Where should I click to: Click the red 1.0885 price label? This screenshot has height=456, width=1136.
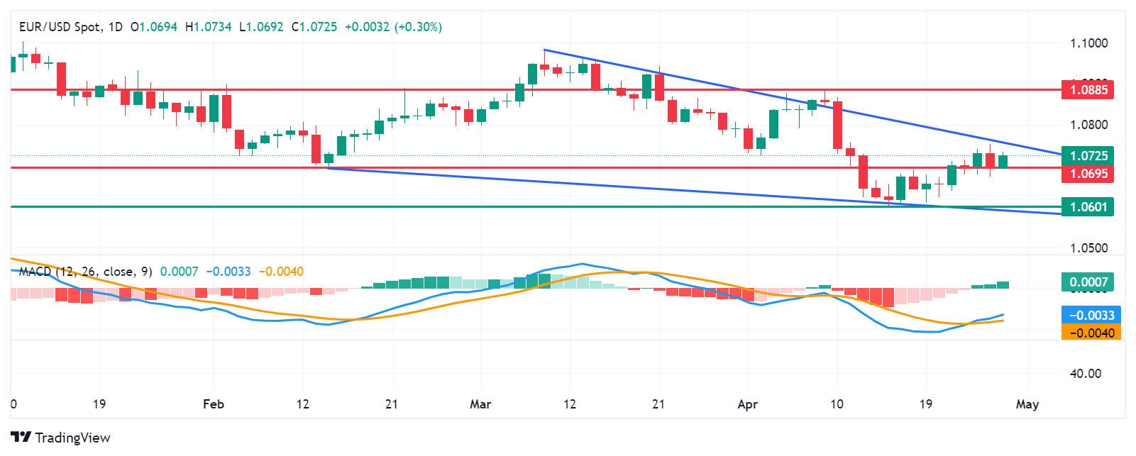pyautogui.click(x=1088, y=90)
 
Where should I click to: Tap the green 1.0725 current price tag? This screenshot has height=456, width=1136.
pyautogui.click(x=1088, y=156)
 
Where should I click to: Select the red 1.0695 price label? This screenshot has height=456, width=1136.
pyautogui.click(x=1088, y=174)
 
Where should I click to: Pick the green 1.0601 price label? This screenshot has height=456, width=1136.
pyautogui.click(x=1088, y=207)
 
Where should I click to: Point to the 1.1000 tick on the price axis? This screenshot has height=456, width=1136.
pyautogui.click(x=1088, y=43)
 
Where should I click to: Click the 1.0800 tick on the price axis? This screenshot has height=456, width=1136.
pyautogui.click(x=1088, y=125)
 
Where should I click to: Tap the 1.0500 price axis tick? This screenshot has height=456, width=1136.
pyautogui.click(x=1088, y=248)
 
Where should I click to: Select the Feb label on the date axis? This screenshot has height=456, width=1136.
pyautogui.click(x=213, y=404)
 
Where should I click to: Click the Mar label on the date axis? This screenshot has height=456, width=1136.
pyautogui.click(x=480, y=404)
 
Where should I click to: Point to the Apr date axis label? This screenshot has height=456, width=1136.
pyautogui.click(x=747, y=404)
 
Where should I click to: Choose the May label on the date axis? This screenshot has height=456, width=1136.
pyautogui.click(x=1027, y=404)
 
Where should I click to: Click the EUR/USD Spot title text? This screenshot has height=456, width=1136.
pyautogui.click(x=60, y=27)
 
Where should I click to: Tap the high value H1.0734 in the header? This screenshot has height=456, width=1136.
pyautogui.click(x=208, y=27)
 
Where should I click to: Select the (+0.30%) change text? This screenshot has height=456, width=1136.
pyautogui.click(x=419, y=27)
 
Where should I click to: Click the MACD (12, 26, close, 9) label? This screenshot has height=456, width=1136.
pyautogui.click(x=85, y=272)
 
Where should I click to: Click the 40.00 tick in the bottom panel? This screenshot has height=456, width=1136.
pyautogui.click(x=1085, y=374)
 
